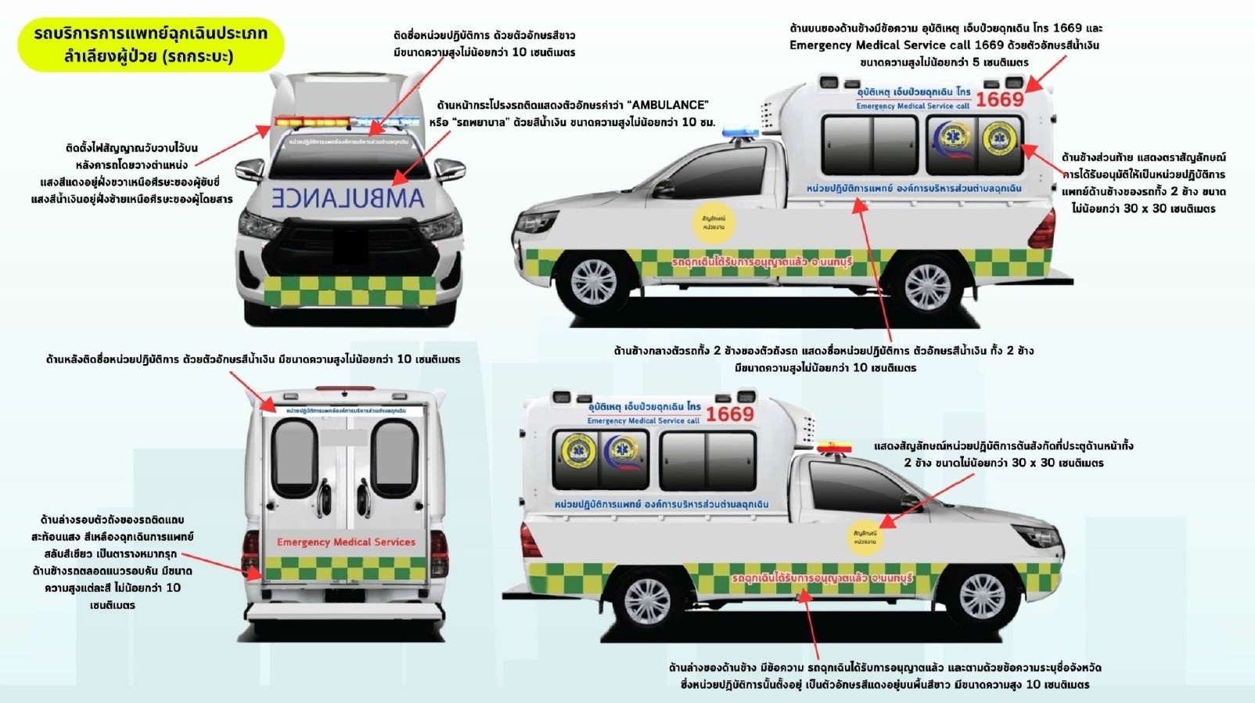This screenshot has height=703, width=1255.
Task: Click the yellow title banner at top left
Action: point(150,45)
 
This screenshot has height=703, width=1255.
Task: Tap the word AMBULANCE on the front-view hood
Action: point(348,197)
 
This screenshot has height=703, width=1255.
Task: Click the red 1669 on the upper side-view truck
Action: point(999,99)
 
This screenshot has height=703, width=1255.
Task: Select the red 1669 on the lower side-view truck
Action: point(729,414)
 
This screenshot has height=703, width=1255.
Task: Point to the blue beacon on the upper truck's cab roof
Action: point(739,132)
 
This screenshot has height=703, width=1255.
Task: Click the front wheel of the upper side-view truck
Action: point(593,280)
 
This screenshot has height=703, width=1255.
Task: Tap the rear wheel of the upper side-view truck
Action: point(927,286)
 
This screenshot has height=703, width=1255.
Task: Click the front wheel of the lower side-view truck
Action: point(981,597)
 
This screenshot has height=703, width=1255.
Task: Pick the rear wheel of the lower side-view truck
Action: point(647,600)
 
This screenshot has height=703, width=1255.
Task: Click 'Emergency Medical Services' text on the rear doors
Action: point(346,542)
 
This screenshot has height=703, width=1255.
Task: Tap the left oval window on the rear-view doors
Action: point(294,457)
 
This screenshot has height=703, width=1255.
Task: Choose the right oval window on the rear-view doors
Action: point(394,457)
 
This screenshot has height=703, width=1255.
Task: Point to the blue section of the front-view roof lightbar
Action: point(388,122)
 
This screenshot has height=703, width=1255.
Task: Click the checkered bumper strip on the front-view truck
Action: point(349,290)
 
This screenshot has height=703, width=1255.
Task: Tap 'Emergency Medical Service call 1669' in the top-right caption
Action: point(944,45)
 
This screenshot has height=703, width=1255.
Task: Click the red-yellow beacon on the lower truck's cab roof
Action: point(834,448)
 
